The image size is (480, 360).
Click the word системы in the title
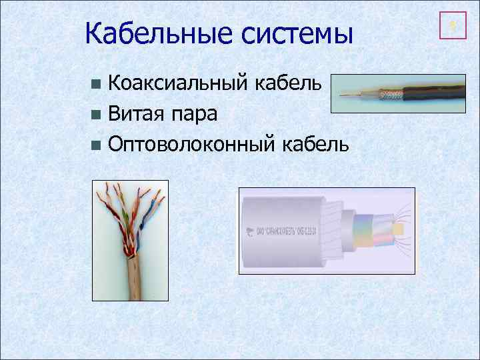pyautogui.click(x=296, y=33)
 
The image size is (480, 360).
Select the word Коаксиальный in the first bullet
pyautogui.click(x=179, y=84)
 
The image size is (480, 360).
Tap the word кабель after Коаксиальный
pyautogui.click(x=291, y=84)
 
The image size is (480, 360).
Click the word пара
pyautogui.click(x=195, y=115)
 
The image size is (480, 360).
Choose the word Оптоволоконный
pyautogui.click(x=191, y=143)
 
